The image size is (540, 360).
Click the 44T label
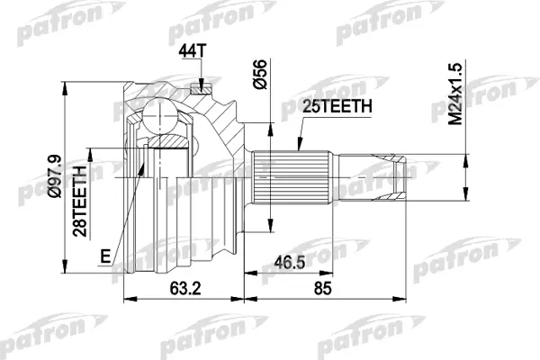click(192, 51)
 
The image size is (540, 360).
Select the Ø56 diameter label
click(260, 75)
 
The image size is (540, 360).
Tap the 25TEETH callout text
click(337, 106)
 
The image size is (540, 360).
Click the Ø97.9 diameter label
click(54, 176)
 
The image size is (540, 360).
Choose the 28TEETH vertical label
click(80, 202)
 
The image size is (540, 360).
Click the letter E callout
click(105, 256)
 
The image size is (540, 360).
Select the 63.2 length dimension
click(185, 288)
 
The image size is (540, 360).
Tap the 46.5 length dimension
click(289, 263)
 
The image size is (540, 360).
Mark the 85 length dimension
click(323, 288)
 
